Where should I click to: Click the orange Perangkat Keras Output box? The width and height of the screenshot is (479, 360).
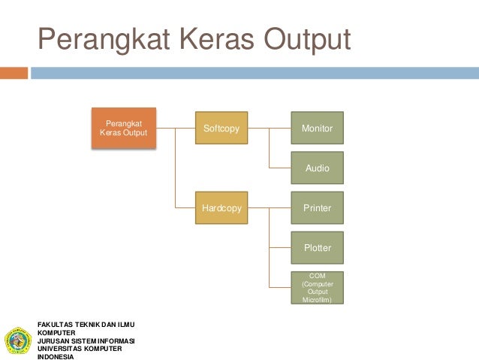(x=124, y=128)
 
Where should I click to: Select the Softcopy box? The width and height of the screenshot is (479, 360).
(x=221, y=129)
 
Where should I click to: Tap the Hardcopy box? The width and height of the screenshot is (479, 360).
(x=221, y=208)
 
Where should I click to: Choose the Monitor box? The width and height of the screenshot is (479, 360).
(x=317, y=129)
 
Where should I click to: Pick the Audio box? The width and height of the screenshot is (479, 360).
(x=317, y=168)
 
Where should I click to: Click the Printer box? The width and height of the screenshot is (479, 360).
(x=317, y=208)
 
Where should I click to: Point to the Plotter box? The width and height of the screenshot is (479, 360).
(x=317, y=247)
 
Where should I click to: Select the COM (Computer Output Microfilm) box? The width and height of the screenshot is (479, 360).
(x=317, y=287)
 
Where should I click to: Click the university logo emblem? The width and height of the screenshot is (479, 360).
(x=17, y=340)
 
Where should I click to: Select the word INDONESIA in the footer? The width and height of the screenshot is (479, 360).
(x=56, y=356)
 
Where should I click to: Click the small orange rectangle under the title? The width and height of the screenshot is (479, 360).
(x=14, y=73)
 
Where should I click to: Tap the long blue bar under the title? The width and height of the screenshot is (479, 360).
(x=255, y=73)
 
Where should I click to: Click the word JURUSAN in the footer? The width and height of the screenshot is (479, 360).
(x=52, y=340)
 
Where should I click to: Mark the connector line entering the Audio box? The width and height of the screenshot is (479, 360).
(x=280, y=168)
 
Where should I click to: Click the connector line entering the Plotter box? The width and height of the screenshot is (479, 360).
(x=280, y=247)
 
